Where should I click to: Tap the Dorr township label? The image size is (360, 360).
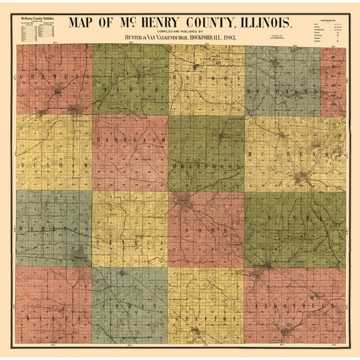click(x=206, y=230)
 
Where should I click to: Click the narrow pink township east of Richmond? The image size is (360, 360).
click(x=333, y=81)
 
